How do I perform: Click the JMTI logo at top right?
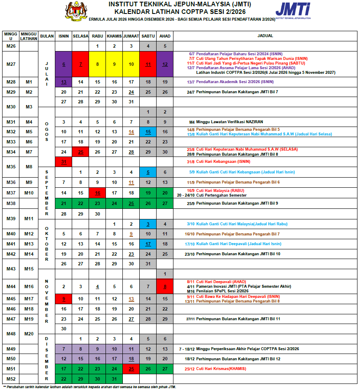pos(293,10)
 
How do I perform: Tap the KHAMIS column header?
pos(114,36)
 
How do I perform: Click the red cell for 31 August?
pos(64,162)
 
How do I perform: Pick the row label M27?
pos(11,64)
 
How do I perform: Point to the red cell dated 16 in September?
pos(97,193)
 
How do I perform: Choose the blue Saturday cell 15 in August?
pos(148,132)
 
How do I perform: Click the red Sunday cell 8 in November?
pos(165,287)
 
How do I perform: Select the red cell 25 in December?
pos(131,369)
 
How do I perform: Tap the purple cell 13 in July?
pos(64,82)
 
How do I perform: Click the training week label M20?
pos(29,334)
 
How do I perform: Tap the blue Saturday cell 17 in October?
pos(148,244)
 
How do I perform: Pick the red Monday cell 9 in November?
pos(64,299)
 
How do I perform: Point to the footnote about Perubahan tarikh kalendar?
pos(89,386)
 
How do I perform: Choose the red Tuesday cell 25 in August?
pos(81,152)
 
